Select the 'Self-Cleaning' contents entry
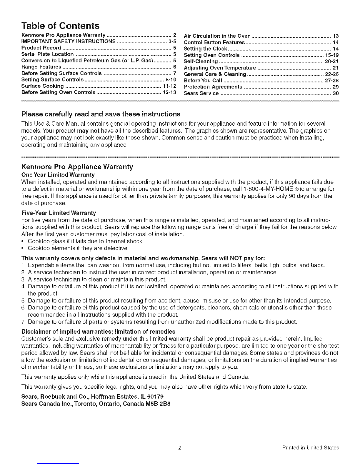(201, 61)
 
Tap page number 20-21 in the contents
(332, 61)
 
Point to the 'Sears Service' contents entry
(201, 93)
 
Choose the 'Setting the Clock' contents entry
(205, 49)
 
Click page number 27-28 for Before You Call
(332, 81)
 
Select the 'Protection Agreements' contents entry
(213, 87)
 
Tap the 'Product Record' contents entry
(41, 48)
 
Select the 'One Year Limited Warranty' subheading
(58, 175)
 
